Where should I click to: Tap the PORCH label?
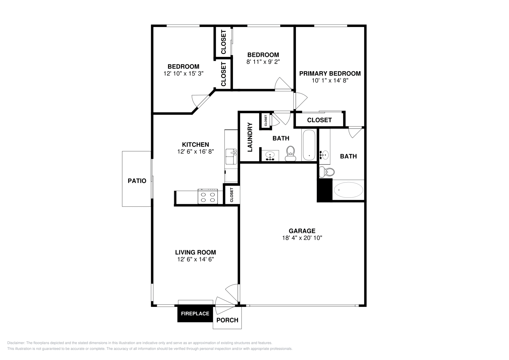click(227, 320)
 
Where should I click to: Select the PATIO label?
click(137, 181)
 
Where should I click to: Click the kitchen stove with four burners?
click(208, 197)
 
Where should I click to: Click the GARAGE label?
click(302, 231)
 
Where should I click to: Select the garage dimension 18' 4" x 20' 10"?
click(302, 238)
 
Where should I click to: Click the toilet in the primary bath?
click(326, 172)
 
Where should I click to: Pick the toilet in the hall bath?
click(290, 154)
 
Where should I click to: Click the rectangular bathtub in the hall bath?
click(309, 145)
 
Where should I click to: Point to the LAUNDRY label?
click(250, 137)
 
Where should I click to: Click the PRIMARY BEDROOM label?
click(330, 73)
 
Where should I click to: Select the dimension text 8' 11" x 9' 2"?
click(263, 62)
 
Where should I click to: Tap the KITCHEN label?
click(195, 145)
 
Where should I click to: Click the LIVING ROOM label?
click(195, 252)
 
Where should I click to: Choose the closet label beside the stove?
click(232, 195)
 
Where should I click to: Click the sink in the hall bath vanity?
click(270, 156)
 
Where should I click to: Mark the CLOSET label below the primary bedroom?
click(319, 120)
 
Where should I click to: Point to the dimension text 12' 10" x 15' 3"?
click(183, 73)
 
